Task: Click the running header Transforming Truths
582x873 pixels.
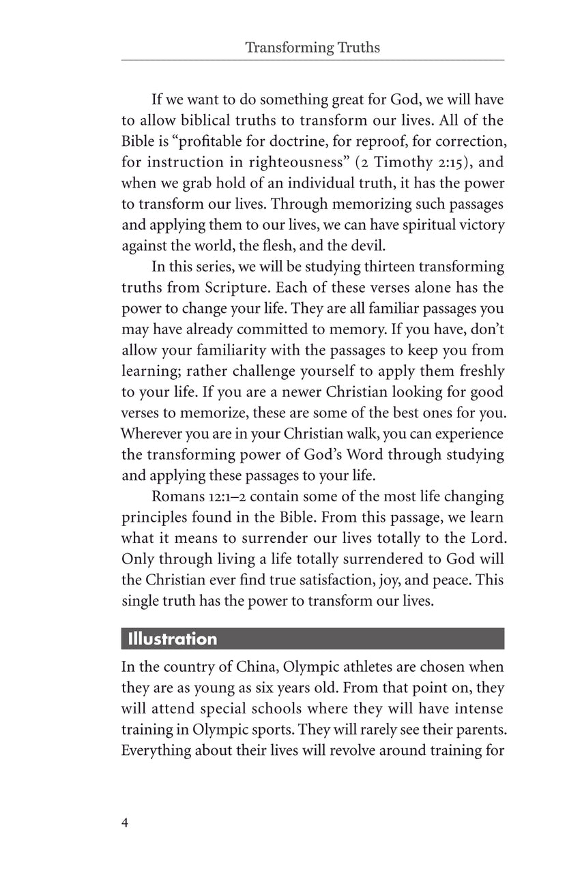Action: (312, 48)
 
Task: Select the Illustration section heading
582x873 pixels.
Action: (169, 639)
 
